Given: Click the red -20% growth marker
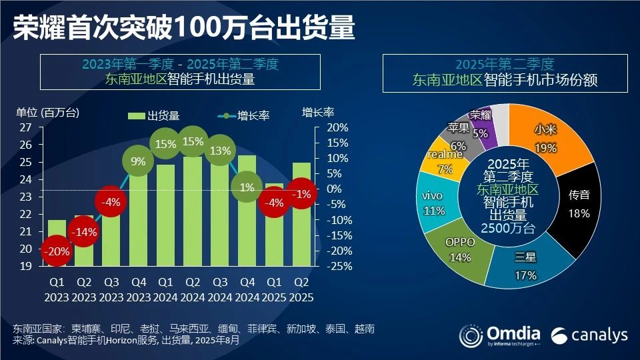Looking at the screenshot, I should click(57, 251).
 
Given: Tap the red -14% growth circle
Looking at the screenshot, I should click(84, 233).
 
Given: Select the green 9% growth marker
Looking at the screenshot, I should click(139, 161).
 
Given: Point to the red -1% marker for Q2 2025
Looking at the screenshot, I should click(301, 193).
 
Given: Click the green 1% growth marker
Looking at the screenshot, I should click(247, 187).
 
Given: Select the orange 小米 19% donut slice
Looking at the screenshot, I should click(553, 137).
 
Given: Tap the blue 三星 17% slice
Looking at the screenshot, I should click(527, 263).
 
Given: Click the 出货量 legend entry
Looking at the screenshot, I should click(155, 115).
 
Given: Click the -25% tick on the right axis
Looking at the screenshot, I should click(338, 266).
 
